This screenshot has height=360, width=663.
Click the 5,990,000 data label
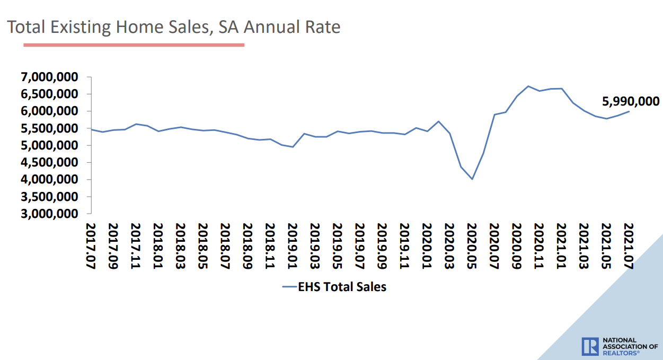tap(630, 101)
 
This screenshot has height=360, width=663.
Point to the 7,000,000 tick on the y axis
tap(49, 77)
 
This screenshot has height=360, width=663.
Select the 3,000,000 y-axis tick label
tap(49, 214)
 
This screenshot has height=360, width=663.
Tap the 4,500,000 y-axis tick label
tap(49, 163)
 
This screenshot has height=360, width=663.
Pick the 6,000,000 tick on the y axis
tap(49, 111)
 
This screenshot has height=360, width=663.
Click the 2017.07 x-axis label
tap(90, 247)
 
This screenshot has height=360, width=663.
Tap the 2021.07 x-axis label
tap(629, 247)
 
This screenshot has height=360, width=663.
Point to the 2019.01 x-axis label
tap(292, 247)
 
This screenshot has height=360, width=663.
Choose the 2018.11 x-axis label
tap(270, 247)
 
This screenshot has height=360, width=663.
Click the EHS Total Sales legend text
tap(342, 287)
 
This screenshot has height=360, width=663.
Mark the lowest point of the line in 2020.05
tap(472, 179)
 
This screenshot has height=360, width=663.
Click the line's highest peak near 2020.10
tap(528, 86)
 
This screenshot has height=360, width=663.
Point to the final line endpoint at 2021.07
tap(629, 111)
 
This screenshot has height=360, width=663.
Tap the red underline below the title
tap(134, 45)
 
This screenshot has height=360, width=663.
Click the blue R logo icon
tap(590, 346)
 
